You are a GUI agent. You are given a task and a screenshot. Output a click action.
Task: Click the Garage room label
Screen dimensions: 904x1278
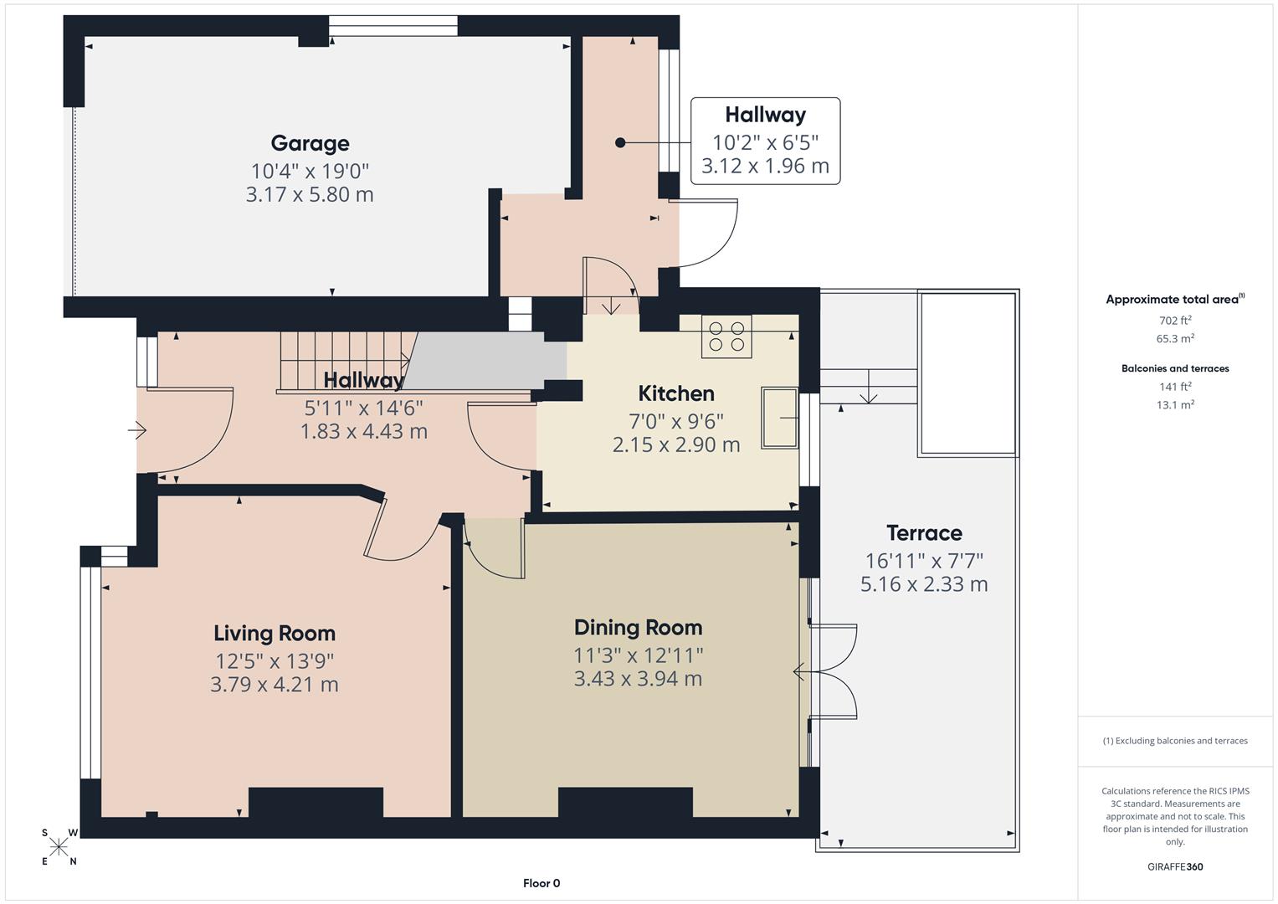310,143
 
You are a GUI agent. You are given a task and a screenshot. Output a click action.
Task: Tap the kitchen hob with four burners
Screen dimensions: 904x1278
726,336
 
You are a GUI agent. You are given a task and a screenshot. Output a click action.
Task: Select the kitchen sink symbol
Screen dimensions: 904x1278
779,417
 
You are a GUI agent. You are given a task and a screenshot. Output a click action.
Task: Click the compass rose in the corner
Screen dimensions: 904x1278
59,847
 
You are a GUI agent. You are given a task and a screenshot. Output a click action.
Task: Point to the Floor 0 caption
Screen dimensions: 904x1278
541,883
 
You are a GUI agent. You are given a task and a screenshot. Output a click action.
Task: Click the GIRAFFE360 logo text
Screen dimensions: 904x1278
1175,866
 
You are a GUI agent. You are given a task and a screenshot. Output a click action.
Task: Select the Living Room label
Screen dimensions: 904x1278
274,634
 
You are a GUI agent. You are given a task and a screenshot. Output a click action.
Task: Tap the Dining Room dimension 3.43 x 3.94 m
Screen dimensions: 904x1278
638,679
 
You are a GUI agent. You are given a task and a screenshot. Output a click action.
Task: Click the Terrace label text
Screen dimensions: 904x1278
924,533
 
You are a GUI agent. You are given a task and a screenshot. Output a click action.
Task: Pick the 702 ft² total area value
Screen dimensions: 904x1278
1175,320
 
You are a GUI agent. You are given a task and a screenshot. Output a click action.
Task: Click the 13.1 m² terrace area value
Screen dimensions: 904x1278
1175,404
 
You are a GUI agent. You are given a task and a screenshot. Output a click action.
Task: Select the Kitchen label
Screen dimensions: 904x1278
675,393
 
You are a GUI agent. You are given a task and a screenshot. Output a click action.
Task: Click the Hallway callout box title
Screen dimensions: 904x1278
765,115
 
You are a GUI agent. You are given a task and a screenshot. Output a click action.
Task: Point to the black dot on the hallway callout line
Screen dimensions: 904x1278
620,143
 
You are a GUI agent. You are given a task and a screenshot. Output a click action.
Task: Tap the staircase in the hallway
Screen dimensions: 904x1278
343,360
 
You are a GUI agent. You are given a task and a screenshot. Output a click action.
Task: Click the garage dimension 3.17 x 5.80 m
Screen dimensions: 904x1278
310,194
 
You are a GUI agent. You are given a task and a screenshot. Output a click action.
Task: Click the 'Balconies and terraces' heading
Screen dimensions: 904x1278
1175,368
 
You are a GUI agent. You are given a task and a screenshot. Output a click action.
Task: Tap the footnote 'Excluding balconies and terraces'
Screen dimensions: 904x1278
1175,741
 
